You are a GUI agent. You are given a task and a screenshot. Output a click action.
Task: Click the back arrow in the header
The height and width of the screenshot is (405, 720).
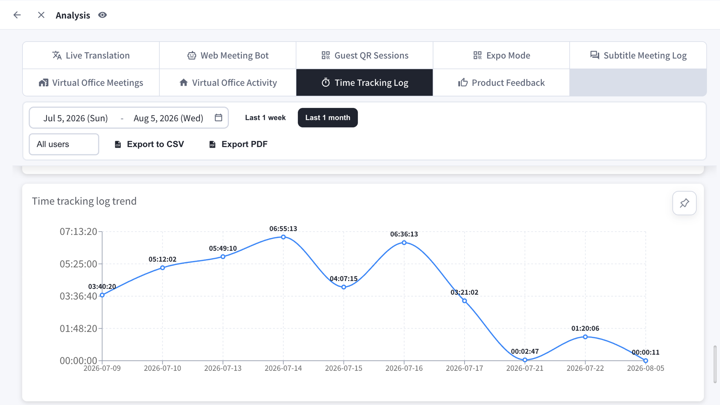(17, 15)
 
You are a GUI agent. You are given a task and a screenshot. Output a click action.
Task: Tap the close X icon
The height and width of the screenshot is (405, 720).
(41, 15)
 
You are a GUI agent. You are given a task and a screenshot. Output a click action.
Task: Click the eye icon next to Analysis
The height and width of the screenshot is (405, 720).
(102, 15)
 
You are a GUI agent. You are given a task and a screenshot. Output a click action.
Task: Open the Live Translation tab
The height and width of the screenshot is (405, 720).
(91, 55)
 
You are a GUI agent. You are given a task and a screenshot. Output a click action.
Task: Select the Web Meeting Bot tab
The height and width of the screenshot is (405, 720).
(228, 55)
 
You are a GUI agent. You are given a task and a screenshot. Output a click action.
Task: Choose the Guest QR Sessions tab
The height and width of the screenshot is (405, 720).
(365, 55)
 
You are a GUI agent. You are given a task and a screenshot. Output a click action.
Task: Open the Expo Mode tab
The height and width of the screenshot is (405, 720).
(501, 55)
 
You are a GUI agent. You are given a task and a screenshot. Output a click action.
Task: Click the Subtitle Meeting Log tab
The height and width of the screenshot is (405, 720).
(638, 55)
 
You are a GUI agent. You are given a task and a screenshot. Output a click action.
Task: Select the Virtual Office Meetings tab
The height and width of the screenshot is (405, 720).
(91, 82)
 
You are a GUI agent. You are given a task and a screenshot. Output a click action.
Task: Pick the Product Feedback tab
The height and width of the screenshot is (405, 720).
(501, 82)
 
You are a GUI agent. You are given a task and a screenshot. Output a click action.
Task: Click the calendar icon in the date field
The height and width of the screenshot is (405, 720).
(219, 118)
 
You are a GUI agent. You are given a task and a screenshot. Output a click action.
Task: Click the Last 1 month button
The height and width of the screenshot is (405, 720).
(328, 118)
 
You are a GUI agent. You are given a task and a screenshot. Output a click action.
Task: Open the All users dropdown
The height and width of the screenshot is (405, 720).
(64, 144)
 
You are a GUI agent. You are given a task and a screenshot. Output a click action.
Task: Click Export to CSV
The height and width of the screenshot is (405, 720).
(149, 144)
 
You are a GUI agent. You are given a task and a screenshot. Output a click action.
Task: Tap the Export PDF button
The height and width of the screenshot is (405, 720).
(238, 144)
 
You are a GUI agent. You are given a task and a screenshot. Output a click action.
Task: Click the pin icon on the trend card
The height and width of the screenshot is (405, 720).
(684, 203)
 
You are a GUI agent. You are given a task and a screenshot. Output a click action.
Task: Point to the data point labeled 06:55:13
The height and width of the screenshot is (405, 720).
(283, 237)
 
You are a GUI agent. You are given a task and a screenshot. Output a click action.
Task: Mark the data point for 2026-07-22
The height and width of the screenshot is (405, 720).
(585, 337)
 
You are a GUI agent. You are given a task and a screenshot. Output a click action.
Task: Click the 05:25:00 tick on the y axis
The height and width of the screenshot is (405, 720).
(78, 264)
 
